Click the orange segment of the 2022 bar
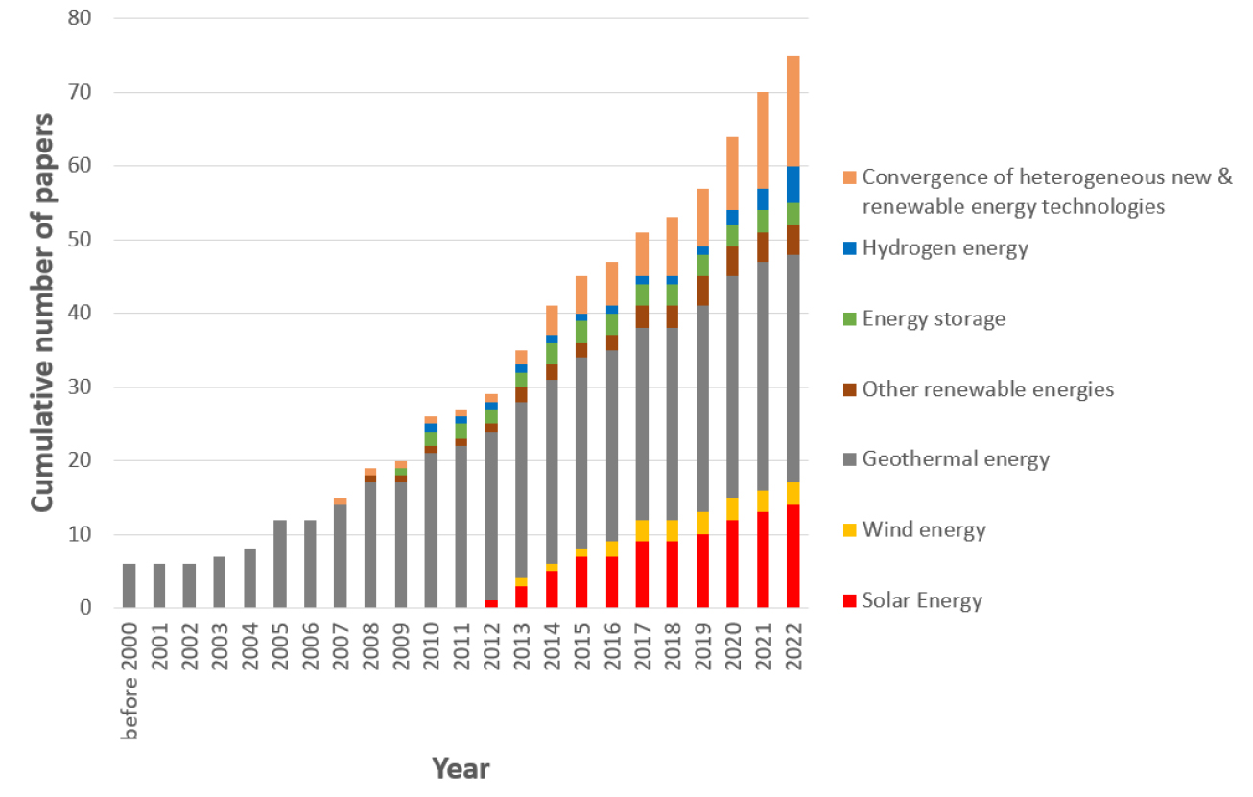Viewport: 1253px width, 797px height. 792,111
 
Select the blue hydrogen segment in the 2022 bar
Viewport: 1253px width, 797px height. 792,184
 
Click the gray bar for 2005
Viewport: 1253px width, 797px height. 280,563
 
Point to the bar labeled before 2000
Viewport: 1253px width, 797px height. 130,585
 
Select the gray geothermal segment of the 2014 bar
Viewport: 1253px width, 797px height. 552,470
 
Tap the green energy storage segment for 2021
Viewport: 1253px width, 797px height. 763,221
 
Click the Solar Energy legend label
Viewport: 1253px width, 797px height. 922,601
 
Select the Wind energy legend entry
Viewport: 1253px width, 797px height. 923,530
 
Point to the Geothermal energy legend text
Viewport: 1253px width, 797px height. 956,459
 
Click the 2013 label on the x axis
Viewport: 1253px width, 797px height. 522,646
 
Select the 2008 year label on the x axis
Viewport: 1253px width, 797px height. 371,646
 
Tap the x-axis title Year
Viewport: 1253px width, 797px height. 460,768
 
